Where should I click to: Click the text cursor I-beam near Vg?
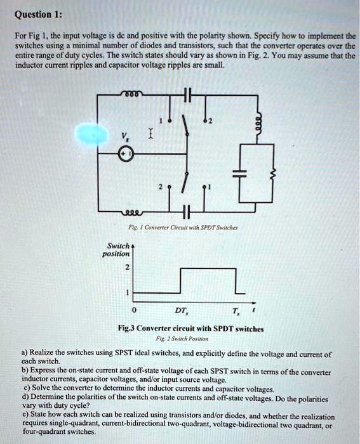(x=149, y=134)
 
